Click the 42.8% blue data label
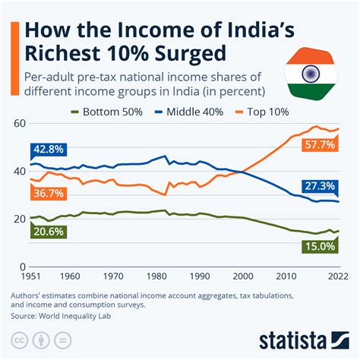tap(47, 150)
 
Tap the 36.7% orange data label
tap(47, 194)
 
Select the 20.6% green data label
tap(47, 232)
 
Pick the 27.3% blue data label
tap(317, 186)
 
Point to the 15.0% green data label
tap(317, 246)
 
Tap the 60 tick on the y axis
tap(19, 123)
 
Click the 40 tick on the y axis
tap(19, 172)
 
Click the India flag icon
tap(310, 74)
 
